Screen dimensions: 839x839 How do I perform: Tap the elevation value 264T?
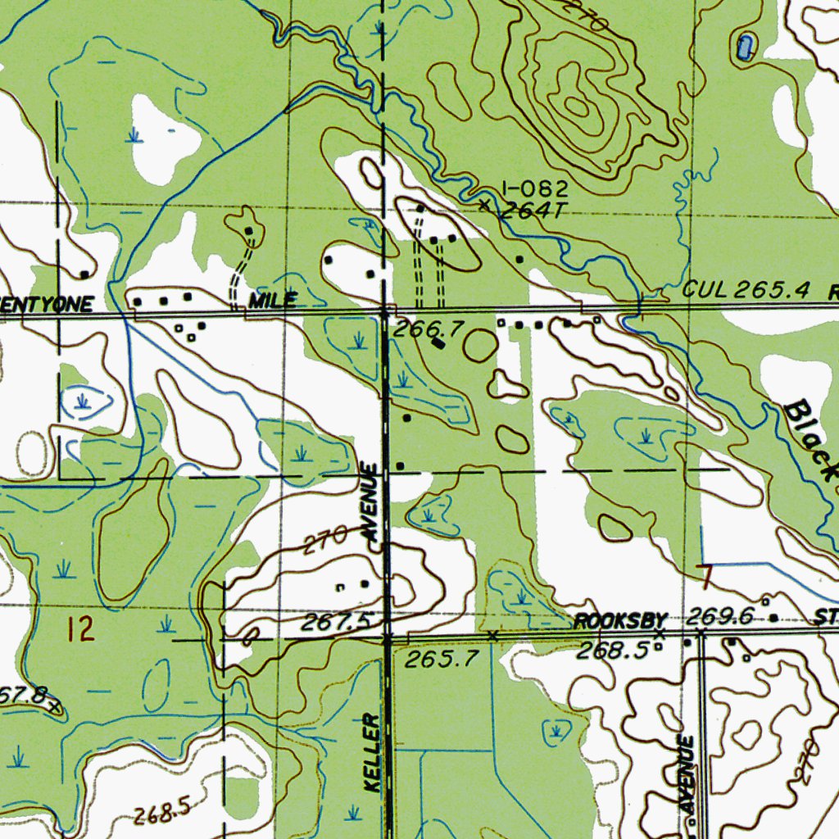(533, 211)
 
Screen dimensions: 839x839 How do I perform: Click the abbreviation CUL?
(704, 289)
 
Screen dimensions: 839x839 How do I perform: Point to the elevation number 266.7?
(429, 329)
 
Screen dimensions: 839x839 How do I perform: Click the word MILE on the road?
(273, 301)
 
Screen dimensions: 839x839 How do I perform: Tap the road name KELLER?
(373, 752)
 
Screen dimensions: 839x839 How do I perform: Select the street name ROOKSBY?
(621, 621)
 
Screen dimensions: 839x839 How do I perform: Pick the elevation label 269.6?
(720, 616)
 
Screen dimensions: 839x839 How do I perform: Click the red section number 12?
(81, 630)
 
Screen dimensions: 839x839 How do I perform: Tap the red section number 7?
(706, 576)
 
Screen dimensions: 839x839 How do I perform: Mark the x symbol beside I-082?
(485, 205)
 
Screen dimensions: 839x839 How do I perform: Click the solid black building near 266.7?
(439, 344)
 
